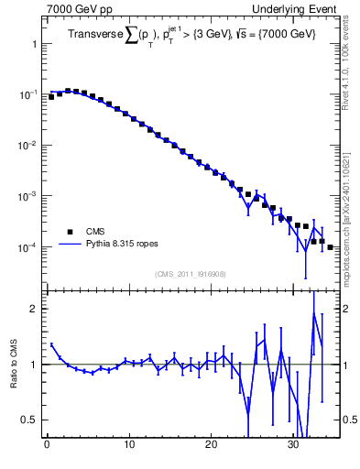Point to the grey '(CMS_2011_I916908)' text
[191, 274]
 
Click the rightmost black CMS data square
[330, 247]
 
